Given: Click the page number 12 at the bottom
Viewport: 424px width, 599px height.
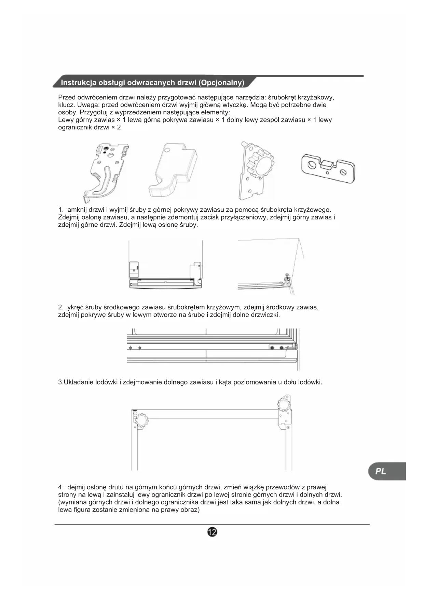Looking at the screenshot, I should [x=212, y=532].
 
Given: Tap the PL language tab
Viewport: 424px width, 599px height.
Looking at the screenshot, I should [x=381, y=471].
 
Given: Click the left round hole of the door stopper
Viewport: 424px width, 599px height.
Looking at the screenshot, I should [x=312, y=165].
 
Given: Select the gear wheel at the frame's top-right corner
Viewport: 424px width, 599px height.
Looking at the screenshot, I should [x=284, y=405].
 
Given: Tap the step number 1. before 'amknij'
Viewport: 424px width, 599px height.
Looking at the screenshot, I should [x=61, y=210].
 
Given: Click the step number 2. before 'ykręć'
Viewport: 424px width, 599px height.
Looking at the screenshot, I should [x=61, y=307].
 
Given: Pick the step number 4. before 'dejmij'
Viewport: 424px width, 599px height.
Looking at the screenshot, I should [x=61, y=487].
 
